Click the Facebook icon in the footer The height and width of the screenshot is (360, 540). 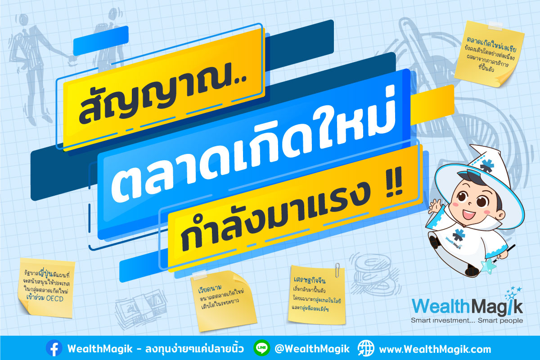pos(54,348)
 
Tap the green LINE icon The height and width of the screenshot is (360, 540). pos(262,348)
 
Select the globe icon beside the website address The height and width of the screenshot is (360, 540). pos(366,348)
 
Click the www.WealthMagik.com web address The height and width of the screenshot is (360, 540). pos(435,349)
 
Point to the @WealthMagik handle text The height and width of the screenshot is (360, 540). pos(312,349)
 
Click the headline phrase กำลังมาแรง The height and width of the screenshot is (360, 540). pos(275,216)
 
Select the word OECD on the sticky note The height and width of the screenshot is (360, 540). pos(55,299)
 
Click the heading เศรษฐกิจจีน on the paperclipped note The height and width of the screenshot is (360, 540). pos(310,280)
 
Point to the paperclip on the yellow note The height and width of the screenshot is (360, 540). pos(337,270)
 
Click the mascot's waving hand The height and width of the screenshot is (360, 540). pos(435,207)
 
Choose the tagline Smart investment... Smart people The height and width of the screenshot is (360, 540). pos(467,320)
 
